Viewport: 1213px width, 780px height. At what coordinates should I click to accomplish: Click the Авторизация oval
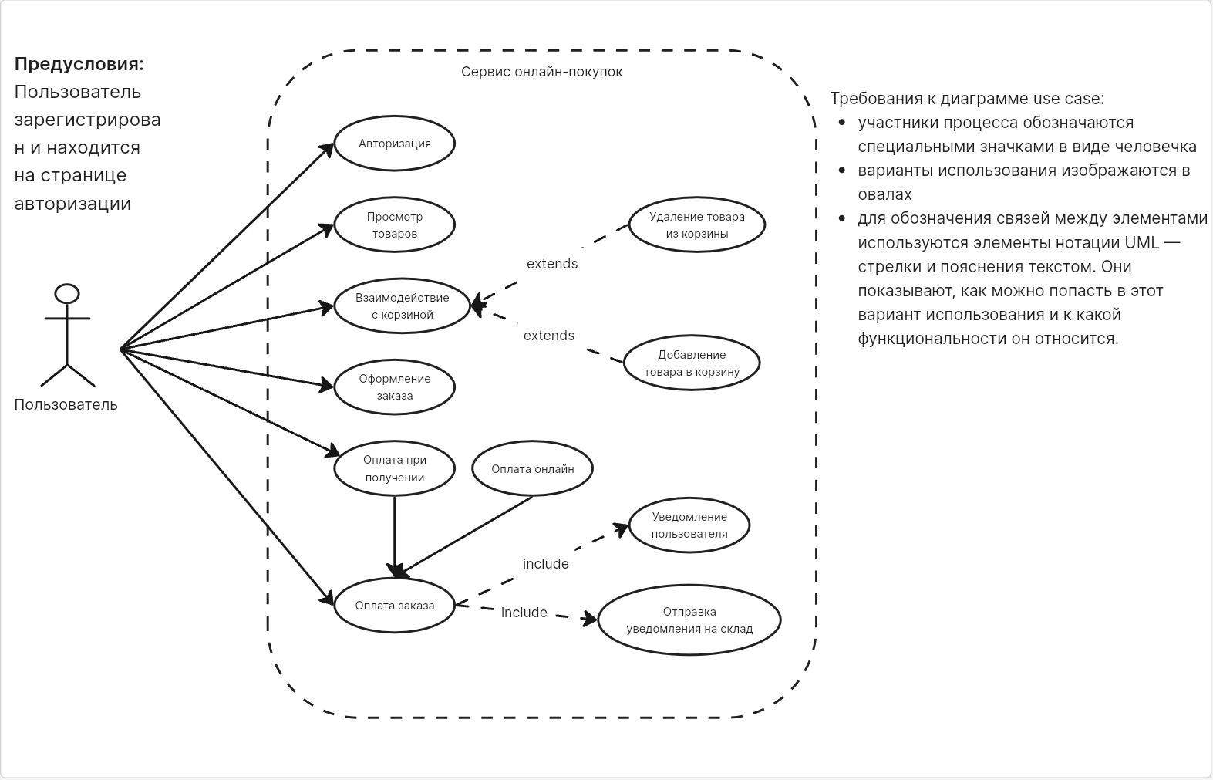(x=394, y=144)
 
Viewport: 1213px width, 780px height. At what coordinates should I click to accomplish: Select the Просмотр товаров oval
(x=394, y=225)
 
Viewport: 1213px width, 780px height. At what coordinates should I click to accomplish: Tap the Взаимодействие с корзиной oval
(x=402, y=306)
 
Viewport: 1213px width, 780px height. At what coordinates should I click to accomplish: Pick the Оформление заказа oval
(x=394, y=387)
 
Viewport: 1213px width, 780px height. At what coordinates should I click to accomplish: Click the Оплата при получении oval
(x=394, y=468)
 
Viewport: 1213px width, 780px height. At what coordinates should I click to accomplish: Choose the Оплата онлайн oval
(x=532, y=469)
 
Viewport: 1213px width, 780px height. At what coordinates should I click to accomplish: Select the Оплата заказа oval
(x=394, y=606)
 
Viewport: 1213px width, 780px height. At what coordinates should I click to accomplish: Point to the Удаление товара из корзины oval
(x=696, y=225)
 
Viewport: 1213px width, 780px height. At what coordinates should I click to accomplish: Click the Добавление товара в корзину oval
(x=692, y=363)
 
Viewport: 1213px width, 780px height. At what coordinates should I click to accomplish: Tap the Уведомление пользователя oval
(x=689, y=525)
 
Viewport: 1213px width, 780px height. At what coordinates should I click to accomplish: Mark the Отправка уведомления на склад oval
(x=689, y=620)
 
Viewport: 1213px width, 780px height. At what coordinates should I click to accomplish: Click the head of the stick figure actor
(x=68, y=293)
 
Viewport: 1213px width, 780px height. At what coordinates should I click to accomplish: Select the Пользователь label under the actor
(x=66, y=405)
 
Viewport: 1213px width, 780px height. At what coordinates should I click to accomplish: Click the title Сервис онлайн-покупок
(x=541, y=72)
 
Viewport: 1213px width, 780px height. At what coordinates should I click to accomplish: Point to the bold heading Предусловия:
(x=79, y=64)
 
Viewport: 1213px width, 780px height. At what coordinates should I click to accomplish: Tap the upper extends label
(x=552, y=264)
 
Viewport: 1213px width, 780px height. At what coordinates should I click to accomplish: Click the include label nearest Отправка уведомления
(x=524, y=613)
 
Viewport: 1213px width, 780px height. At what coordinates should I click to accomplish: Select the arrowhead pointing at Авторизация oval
(x=328, y=150)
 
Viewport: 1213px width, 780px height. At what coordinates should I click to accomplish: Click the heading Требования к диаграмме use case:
(x=967, y=99)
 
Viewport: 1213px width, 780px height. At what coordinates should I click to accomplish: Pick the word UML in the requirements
(x=1141, y=242)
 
